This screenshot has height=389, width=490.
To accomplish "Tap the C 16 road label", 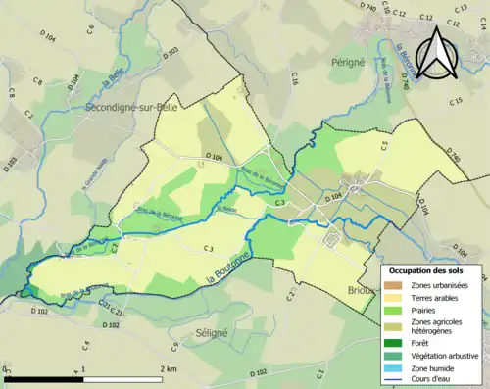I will click(x=294, y=79).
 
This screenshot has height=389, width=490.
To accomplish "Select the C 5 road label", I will click(x=384, y=145).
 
